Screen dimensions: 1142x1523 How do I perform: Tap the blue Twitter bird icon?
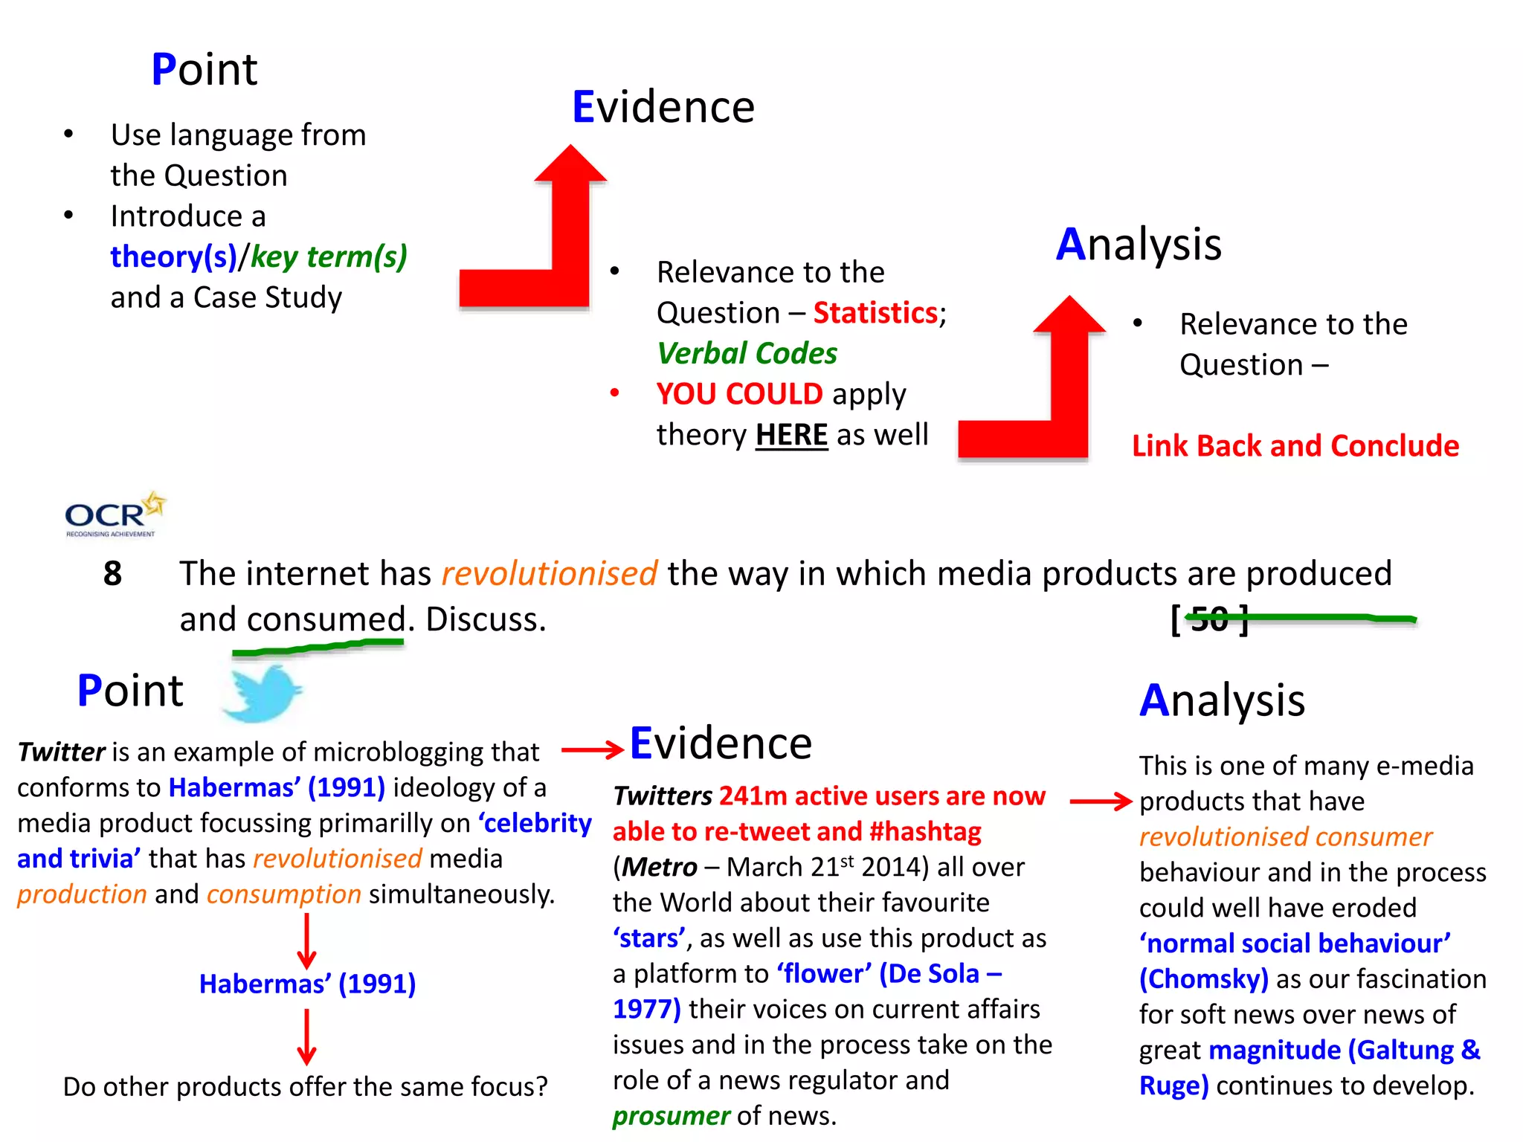point(263,693)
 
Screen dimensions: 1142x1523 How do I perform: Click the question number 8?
point(112,573)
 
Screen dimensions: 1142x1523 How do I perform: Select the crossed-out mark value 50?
point(1210,619)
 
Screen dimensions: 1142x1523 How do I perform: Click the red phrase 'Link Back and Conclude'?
point(1295,445)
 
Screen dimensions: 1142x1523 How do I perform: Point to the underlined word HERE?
point(791,435)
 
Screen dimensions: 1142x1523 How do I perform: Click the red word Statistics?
point(875,313)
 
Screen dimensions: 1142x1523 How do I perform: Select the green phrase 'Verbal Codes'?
point(747,353)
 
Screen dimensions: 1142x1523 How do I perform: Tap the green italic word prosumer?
point(671,1116)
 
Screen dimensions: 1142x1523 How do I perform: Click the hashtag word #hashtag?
point(925,831)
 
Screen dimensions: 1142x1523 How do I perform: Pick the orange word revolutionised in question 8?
point(549,573)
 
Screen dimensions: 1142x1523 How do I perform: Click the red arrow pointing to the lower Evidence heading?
point(592,749)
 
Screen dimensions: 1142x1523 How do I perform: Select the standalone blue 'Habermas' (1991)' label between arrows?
point(307,984)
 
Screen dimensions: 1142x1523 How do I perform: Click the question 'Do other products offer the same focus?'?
point(305,1086)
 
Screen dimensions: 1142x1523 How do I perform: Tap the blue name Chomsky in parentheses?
point(1203,979)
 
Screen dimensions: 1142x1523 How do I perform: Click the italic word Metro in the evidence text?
point(659,867)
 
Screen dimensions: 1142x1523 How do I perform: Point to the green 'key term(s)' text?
point(329,257)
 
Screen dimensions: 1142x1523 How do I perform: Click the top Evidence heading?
point(663,107)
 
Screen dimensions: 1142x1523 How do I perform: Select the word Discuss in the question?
point(486,619)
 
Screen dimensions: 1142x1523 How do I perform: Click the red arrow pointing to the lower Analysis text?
point(1101,801)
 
